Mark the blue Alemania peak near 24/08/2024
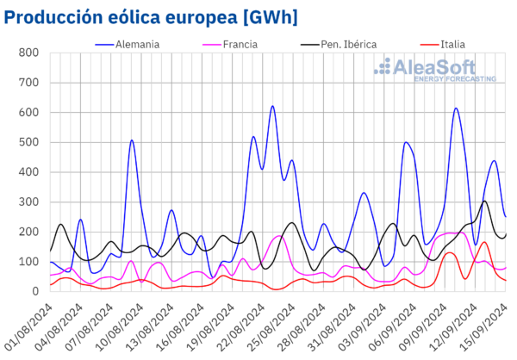[272, 106]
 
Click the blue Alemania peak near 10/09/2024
[456, 109]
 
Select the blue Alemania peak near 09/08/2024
[132, 140]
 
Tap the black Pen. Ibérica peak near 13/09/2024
[485, 202]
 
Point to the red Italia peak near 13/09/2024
[484, 242]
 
